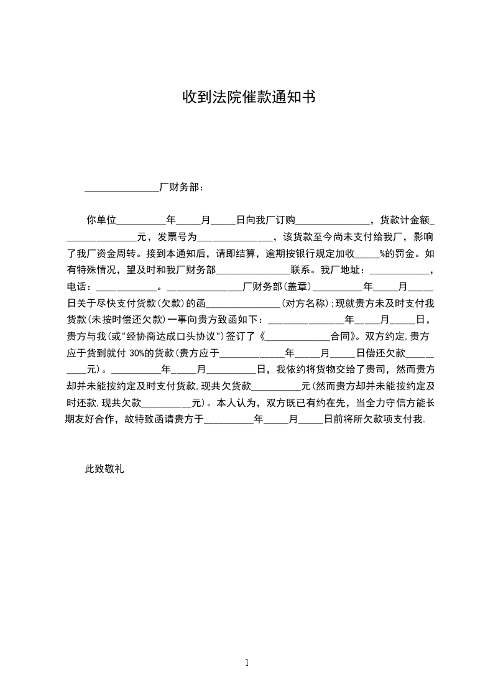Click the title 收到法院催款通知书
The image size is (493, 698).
(x=248, y=97)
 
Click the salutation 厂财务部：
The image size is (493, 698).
(x=181, y=187)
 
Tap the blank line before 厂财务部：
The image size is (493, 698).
(x=122, y=188)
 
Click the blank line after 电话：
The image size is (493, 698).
(x=127, y=289)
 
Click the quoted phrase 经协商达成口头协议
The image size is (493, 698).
(x=176, y=337)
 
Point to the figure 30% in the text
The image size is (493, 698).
(x=137, y=354)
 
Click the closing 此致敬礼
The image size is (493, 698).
(x=104, y=470)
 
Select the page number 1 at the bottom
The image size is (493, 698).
(x=247, y=662)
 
